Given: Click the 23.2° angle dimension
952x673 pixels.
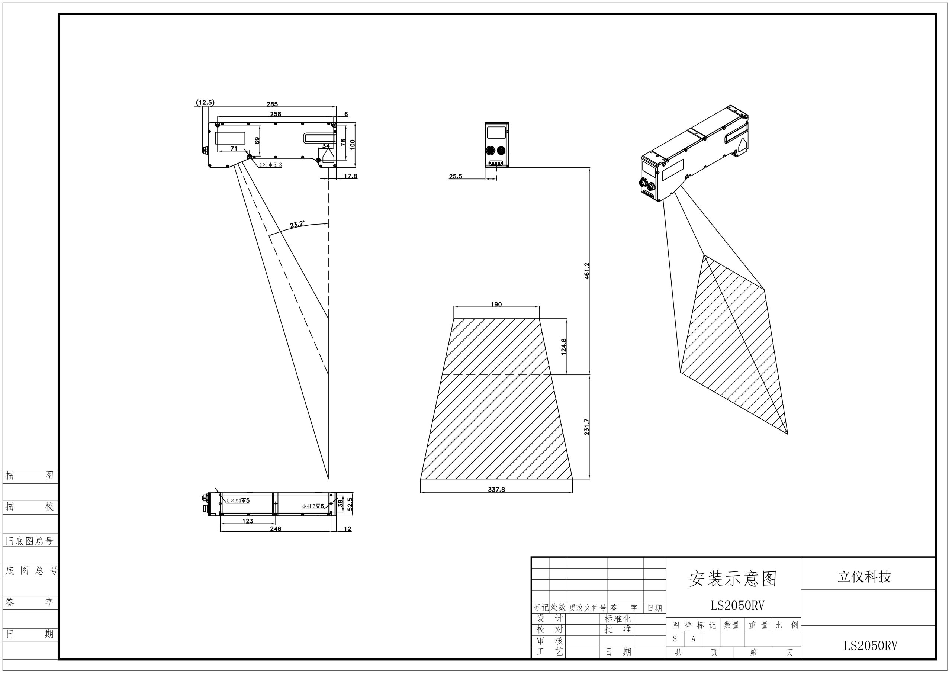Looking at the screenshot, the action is coord(297,224).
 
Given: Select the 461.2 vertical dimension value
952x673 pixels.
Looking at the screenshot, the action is coord(587,270).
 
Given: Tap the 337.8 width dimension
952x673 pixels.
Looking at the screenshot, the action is coord(496,490).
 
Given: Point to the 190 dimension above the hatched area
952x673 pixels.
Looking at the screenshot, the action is coord(496,305).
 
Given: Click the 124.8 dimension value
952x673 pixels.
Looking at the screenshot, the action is coord(563,347).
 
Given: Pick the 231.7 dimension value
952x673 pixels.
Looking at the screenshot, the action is coord(587,427).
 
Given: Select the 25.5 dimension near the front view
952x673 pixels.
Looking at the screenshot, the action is coord(455,177).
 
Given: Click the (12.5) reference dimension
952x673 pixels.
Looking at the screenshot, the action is coord(205,102).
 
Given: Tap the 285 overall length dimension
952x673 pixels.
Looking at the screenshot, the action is coord(272,104).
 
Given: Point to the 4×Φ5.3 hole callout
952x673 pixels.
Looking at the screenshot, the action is coord(270,165).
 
